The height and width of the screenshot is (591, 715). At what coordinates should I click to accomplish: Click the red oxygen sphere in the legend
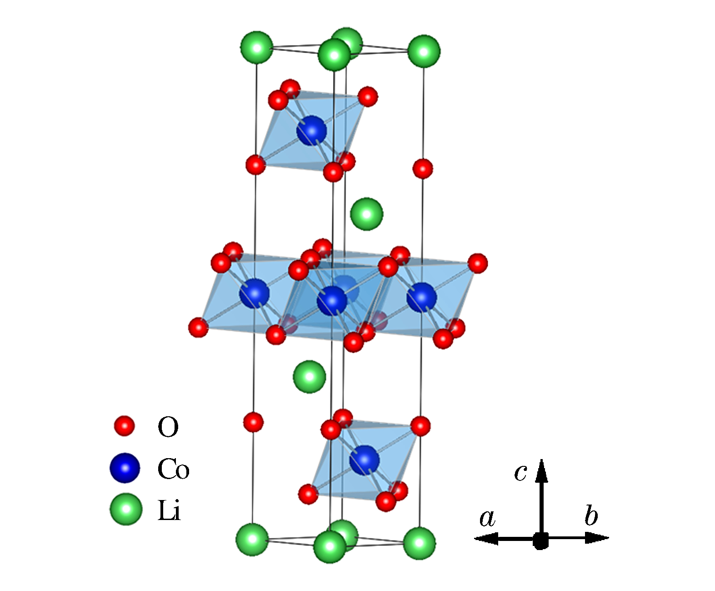pyautogui.click(x=124, y=426)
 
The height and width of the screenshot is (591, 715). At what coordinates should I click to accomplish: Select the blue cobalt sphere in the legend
pyautogui.click(x=125, y=468)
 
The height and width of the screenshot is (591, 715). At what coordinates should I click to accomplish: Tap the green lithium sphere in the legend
pyautogui.click(x=126, y=509)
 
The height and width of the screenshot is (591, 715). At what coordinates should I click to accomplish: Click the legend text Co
pyautogui.click(x=173, y=469)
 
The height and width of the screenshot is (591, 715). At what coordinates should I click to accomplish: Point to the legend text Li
pyautogui.click(x=169, y=510)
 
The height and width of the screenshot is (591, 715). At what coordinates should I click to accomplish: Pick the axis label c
pyautogui.click(x=520, y=473)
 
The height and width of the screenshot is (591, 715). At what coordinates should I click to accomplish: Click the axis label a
pyautogui.click(x=487, y=518)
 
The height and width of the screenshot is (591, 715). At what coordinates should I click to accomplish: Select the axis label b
pyautogui.click(x=591, y=515)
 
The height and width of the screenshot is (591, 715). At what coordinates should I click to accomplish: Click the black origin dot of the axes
pyautogui.click(x=540, y=540)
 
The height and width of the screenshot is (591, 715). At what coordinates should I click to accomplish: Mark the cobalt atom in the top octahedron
pyautogui.click(x=312, y=131)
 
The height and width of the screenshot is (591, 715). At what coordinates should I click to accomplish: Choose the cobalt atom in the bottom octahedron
pyautogui.click(x=365, y=460)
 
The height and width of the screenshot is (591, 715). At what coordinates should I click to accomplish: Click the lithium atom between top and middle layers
pyautogui.click(x=367, y=214)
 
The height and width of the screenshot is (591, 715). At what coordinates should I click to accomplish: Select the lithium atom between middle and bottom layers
pyautogui.click(x=310, y=377)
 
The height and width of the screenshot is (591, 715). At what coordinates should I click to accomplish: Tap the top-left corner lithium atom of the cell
pyautogui.click(x=257, y=47)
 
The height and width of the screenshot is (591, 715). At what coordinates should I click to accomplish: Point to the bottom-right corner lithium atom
pyautogui.click(x=420, y=543)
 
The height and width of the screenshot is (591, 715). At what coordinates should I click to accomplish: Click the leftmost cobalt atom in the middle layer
pyautogui.click(x=255, y=293)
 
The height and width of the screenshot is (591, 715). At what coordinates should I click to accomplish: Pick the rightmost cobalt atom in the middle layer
pyautogui.click(x=422, y=297)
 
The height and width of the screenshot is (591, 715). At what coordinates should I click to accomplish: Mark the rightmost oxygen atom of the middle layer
pyautogui.click(x=478, y=263)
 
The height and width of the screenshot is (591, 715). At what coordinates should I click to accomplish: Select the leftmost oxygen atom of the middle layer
pyautogui.click(x=198, y=328)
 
